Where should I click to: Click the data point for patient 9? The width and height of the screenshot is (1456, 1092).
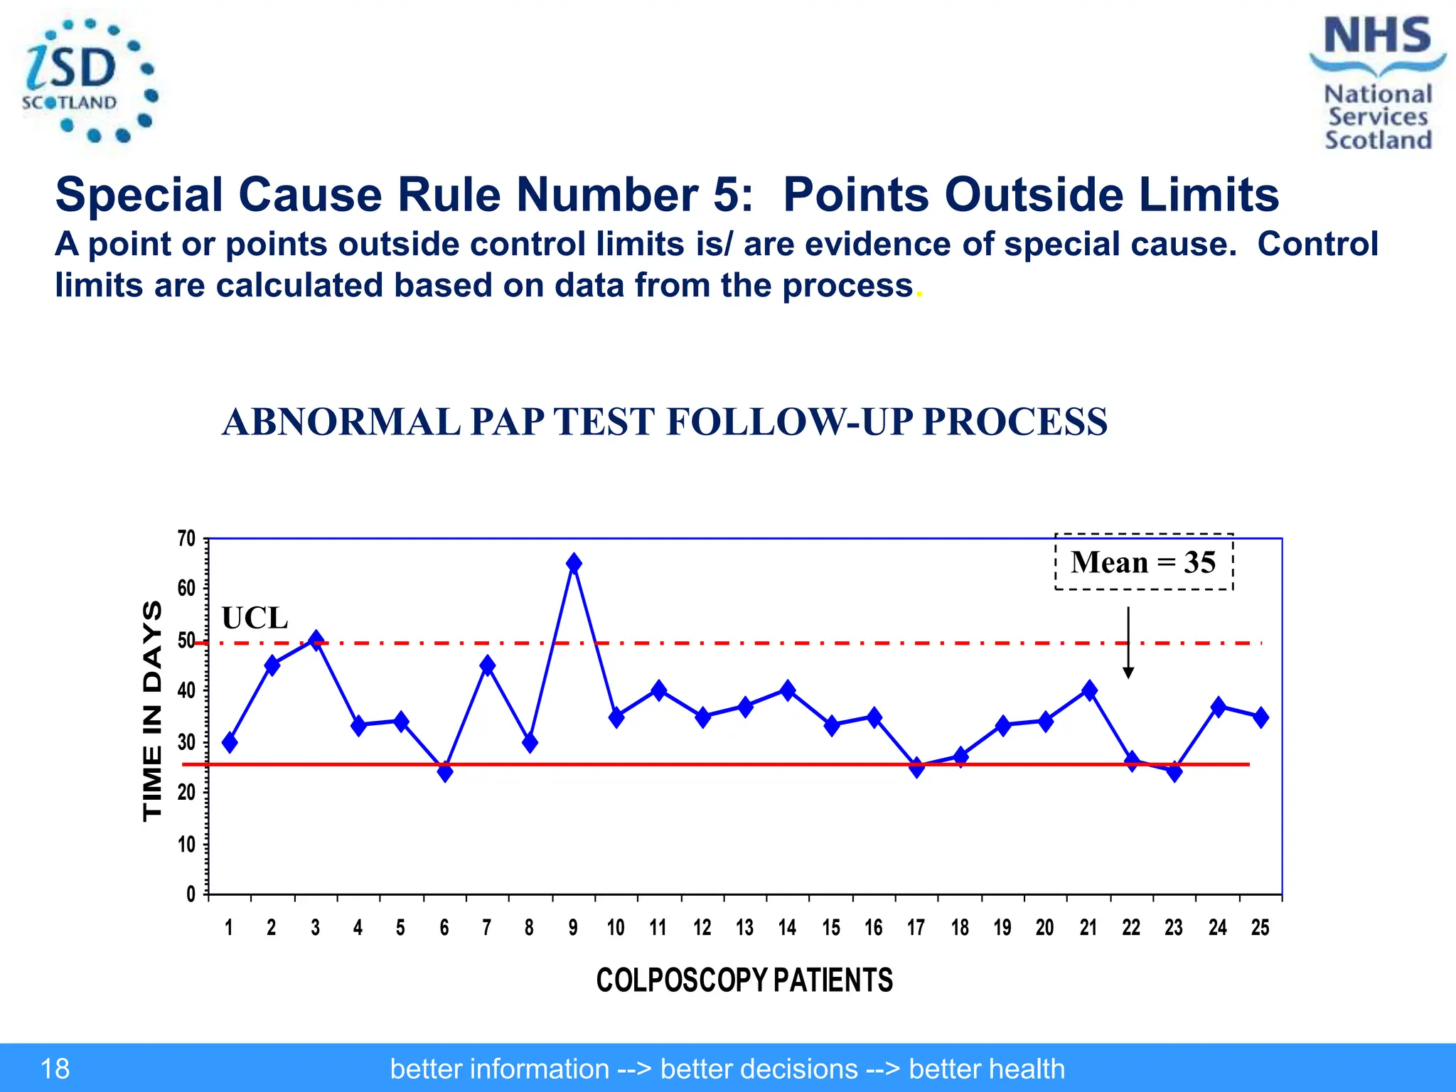[574, 563]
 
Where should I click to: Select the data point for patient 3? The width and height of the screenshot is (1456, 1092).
[316, 640]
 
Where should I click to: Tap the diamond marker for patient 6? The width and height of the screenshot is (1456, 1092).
[445, 771]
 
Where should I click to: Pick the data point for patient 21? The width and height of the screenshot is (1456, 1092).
[1089, 690]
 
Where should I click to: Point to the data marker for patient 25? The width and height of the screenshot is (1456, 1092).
[1260, 717]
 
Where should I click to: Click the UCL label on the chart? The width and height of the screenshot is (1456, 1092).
[255, 618]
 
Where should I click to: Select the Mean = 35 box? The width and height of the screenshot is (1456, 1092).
[1143, 562]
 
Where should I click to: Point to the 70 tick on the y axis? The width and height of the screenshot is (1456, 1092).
[186, 539]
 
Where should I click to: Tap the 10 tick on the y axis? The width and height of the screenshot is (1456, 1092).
[186, 844]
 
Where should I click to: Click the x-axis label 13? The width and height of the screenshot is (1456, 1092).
[744, 928]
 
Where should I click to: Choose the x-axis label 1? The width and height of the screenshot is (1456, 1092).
[229, 928]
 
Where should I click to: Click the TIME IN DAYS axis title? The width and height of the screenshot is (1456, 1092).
[153, 711]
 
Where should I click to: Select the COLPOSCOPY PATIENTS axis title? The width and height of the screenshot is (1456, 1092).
[744, 980]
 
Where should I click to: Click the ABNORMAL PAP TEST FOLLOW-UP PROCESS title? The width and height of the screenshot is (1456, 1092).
[664, 422]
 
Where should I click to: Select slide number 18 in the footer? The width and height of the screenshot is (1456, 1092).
[55, 1069]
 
